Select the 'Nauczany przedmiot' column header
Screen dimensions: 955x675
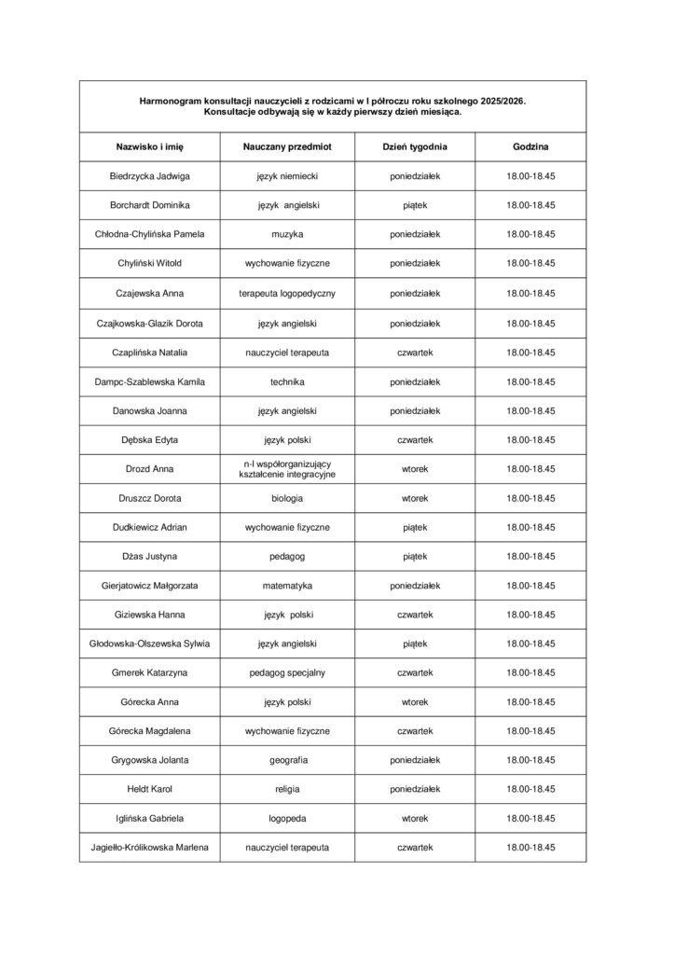click(x=287, y=147)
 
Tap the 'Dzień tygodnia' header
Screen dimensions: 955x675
click(x=415, y=147)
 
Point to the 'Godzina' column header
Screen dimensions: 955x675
click(x=530, y=147)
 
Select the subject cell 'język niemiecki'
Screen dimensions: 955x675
click(x=287, y=176)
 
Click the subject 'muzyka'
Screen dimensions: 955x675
click(x=287, y=234)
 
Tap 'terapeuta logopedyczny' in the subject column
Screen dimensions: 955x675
click(x=287, y=294)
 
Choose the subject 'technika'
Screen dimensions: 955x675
click(x=287, y=381)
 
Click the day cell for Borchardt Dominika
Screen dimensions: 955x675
click(x=415, y=205)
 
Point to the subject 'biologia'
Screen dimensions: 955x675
click(x=287, y=498)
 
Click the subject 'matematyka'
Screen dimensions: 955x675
click(x=287, y=586)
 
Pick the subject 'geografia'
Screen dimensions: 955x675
click(x=287, y=761)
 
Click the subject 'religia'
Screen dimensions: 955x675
click(x=287, y=790)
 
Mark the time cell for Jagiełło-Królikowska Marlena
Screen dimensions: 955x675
click(x=530, y=848)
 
